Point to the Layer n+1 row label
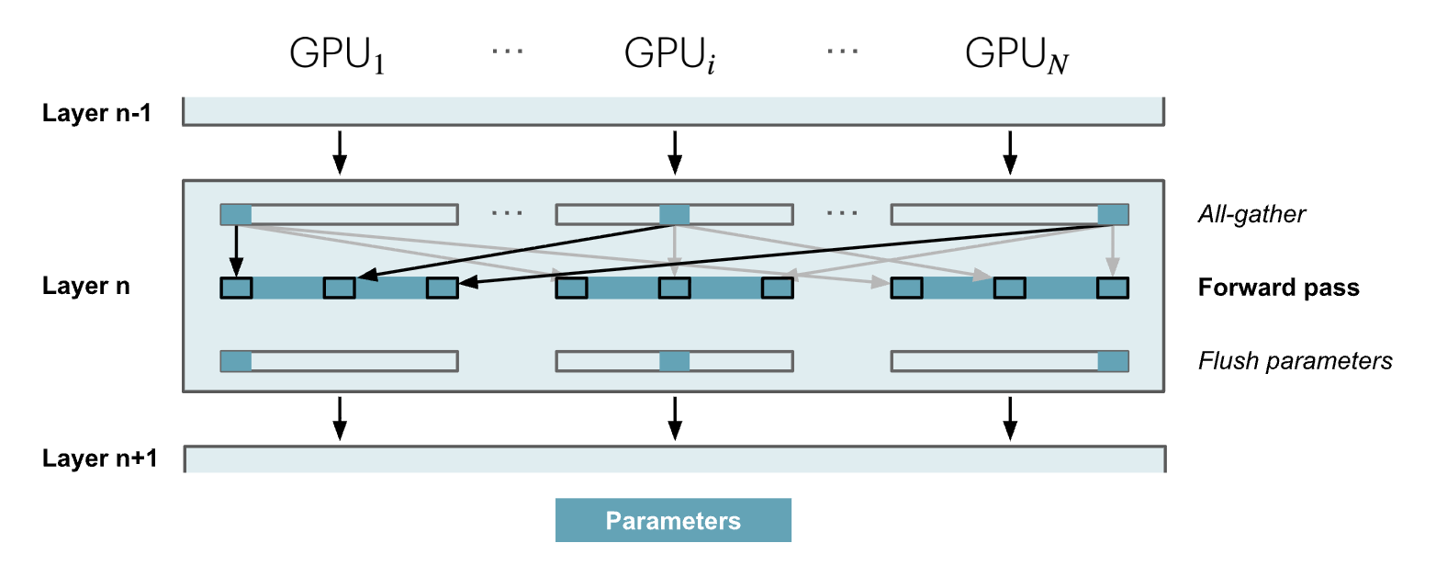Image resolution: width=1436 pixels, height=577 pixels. [x=100, y=458]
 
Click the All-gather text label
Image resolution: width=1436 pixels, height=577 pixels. [x=1251, y=215]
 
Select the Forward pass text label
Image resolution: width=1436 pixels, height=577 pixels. [x=1278, y=288]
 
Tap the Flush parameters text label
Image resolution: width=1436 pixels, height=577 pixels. [x=1295, y=361]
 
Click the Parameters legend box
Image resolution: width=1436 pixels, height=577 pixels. [x=673, y=521]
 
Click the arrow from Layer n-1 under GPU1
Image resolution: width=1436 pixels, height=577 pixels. [x=340, y=152]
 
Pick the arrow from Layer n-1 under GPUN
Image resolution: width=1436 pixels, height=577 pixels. [x=1010, y=152]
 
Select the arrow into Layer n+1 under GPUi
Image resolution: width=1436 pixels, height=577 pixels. [x=675, y=418]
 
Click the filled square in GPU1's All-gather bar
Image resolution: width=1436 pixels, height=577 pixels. [x=236, y=215]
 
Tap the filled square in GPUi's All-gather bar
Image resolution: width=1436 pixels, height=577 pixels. [x=675, y=215]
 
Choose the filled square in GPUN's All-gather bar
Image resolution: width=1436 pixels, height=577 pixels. [x=1113, y=215]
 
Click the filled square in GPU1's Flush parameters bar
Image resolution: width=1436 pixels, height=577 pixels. [x=236, y=361]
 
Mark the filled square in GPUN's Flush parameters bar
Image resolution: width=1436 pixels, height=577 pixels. [x=1113, y=361]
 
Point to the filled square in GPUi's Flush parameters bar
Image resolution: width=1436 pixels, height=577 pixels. [x=675, y=361]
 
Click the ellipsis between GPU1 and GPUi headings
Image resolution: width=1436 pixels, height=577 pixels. [x=507, y=51]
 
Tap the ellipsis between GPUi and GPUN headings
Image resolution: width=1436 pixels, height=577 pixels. [x=842, y=51]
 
